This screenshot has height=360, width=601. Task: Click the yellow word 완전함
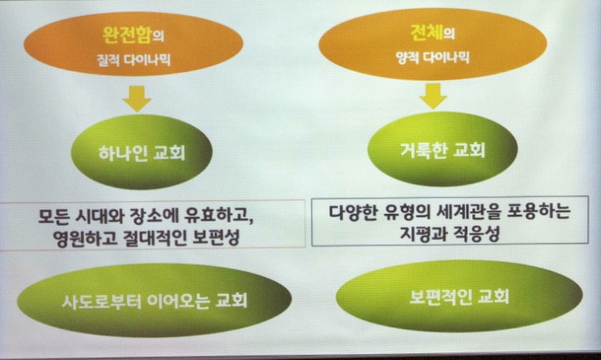point(128,35)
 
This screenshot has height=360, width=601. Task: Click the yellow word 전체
point(427,32)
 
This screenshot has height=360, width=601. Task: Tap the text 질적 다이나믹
point(134,60)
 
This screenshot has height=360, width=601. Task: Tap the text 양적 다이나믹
point(433,57)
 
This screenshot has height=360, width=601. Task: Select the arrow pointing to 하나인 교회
point(137,99)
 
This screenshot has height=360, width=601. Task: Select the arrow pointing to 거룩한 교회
point(433,95)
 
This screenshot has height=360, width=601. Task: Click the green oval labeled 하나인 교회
point(141,151)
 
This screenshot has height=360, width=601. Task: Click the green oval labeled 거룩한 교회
point(442,149)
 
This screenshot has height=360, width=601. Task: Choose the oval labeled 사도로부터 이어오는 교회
point(154,300)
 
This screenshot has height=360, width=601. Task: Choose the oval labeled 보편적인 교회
point(459,296)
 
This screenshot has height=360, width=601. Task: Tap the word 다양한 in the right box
point(352,212)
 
